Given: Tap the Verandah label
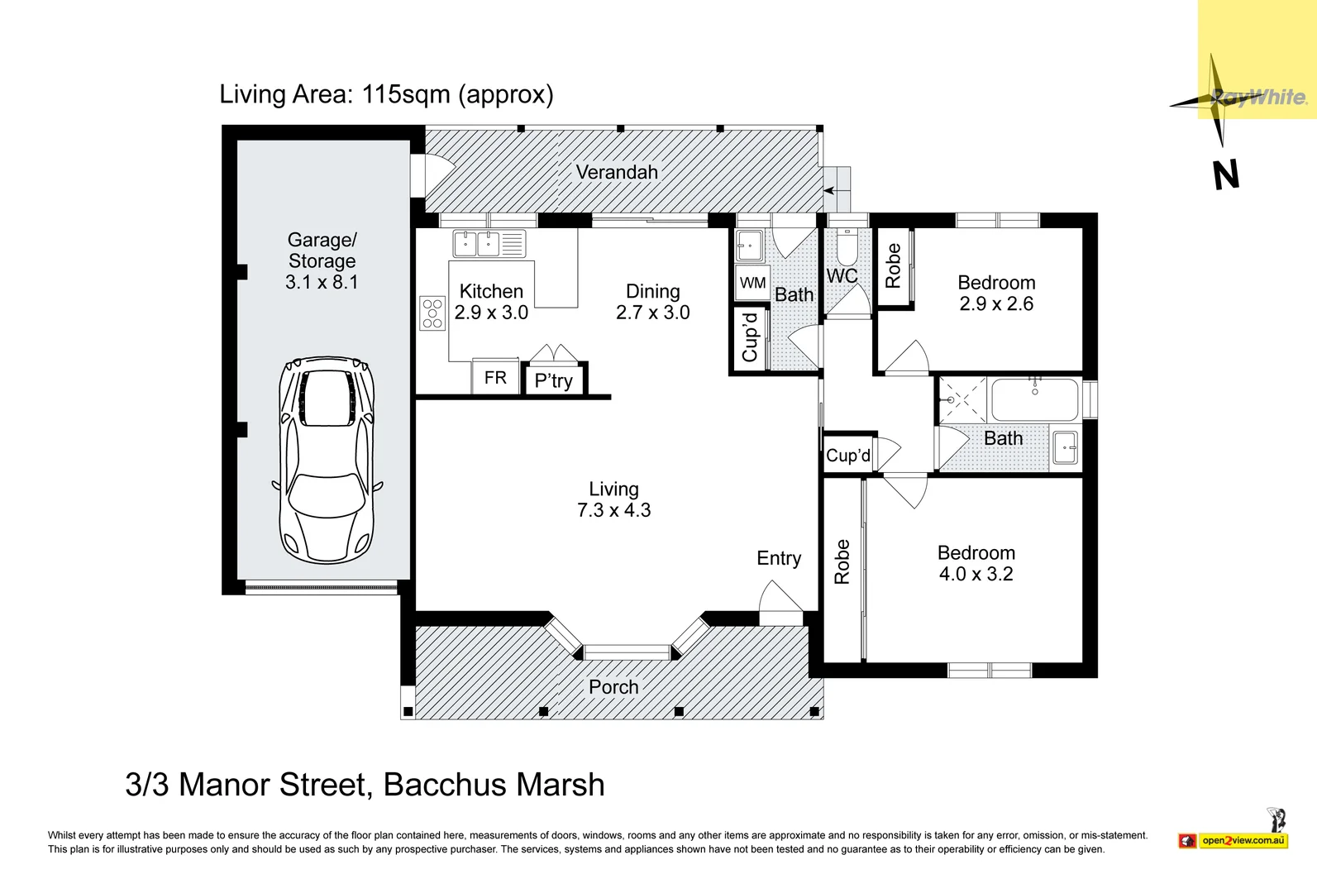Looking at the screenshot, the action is point(617,172).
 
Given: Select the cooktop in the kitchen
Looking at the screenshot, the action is point(432,313).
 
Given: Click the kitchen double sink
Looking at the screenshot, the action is point(489,243).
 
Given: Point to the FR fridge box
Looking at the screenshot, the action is point(496,377).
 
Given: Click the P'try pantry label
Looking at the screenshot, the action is point(553,381).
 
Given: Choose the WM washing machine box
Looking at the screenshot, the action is point(752,283).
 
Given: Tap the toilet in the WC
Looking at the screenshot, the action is point(847,246).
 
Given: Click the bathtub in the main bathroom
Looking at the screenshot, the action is point(1035,399).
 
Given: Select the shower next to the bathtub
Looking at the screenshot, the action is point(962,399).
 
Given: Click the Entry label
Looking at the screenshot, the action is point(779,558).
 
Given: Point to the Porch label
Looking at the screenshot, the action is point(613,686).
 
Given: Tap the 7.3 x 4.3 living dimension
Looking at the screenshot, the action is point(613,509).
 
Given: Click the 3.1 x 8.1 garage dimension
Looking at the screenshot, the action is point(322,282).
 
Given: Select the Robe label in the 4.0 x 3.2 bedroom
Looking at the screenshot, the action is point(842,561).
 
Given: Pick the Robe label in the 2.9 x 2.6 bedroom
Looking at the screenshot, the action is point(893,265).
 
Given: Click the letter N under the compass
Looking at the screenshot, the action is point(1226,174).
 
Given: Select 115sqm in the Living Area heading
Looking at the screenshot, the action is point(406,94).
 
